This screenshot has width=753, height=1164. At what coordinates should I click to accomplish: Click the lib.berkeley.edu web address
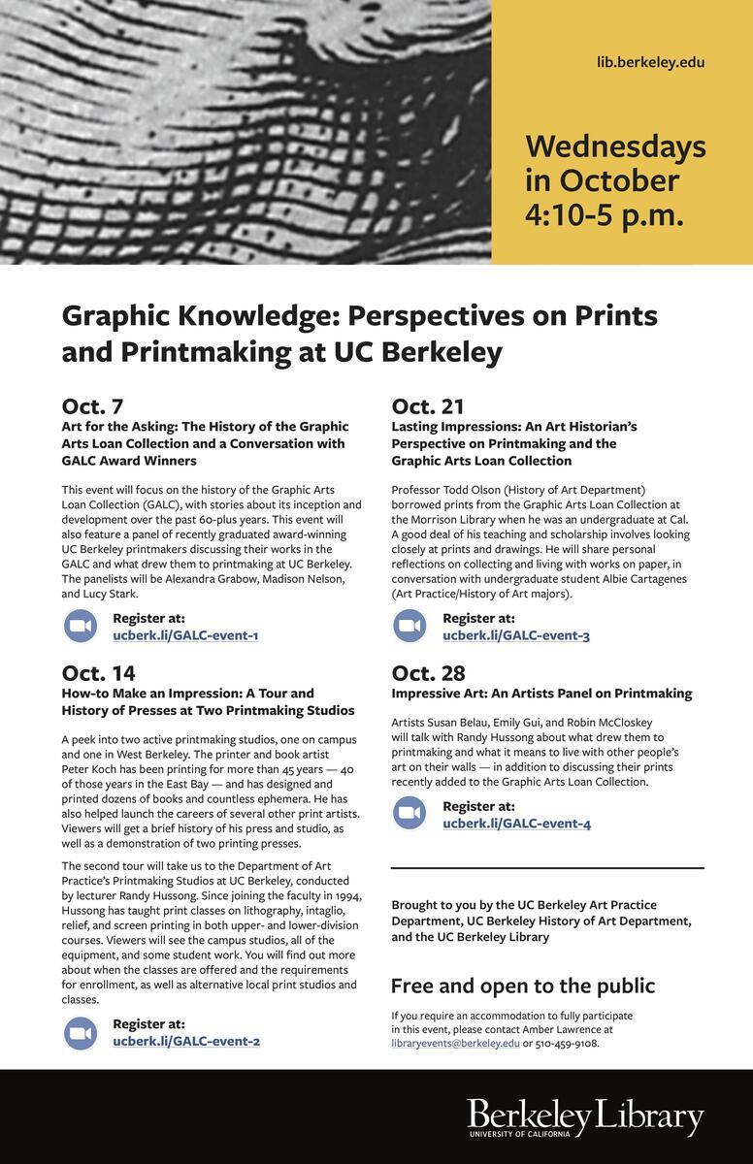(x=650, y=62)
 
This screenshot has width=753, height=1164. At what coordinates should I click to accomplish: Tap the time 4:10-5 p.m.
(x=604, y=214)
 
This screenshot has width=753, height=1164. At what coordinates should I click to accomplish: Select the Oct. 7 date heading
(x=92, y=405)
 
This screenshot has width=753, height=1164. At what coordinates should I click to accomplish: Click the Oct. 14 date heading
(x=98, y=672)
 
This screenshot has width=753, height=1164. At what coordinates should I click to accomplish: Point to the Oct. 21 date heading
(x=428, y=405)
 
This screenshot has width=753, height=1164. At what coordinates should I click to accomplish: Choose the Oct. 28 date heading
(x=428, y=672)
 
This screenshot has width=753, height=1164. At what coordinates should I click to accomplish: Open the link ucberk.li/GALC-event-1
(x=185, y=635)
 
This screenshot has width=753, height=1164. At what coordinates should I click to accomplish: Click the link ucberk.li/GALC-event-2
(x=186, y=1041)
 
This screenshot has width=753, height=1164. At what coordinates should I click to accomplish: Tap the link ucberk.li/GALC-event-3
(x=516, y=635)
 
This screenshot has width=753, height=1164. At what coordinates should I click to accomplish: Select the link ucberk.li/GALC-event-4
(x=516, y=824)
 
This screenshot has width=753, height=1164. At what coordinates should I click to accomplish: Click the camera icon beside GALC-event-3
(x=409, y=626)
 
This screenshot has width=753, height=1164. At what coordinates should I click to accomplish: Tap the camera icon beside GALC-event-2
(x=81, y=1032)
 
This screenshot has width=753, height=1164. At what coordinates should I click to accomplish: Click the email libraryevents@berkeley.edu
(x=455, y=1043)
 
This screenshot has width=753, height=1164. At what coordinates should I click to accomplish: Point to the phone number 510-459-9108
(x=567, y=1043)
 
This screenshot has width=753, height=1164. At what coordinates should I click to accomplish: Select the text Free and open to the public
(x=522, y=986)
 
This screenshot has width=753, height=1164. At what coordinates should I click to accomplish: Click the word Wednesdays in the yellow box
(x=615, y=146)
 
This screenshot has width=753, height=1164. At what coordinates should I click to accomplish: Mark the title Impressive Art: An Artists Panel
(x=541, y=694)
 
